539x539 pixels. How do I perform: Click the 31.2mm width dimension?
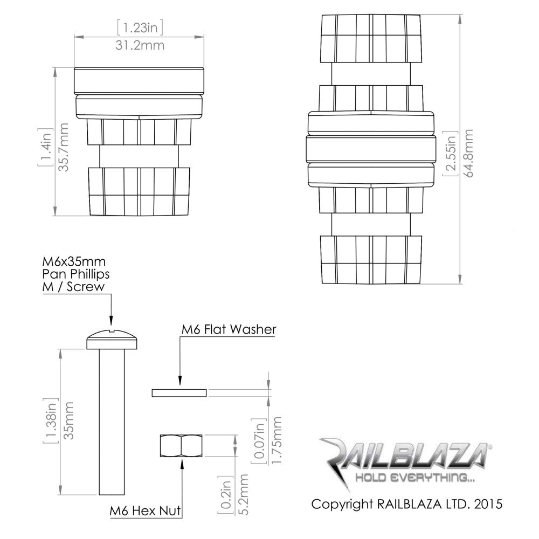(140, 45)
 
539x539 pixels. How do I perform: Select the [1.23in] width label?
(140, 26)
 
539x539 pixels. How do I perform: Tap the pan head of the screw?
(114, 340)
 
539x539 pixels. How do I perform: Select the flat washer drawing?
(179, 392)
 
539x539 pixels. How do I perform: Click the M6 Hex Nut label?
(145, 510)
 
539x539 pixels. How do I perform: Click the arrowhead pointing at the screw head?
(111, 321)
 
